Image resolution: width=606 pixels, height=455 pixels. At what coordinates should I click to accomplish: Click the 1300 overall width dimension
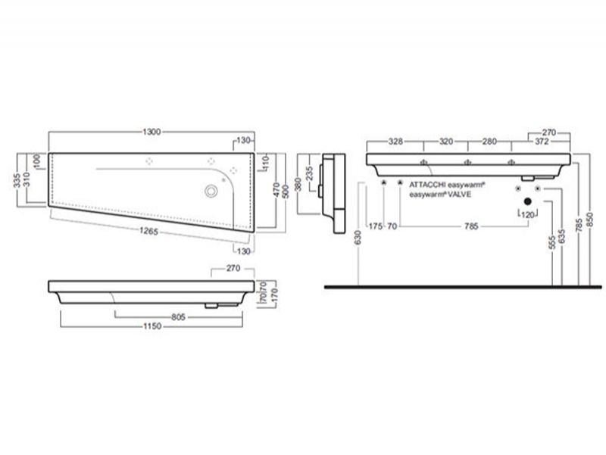tap(151, 132)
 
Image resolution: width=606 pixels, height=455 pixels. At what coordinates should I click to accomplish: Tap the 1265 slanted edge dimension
tap(148, 231)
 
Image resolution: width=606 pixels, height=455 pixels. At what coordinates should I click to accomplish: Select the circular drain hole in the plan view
tap(211, 191)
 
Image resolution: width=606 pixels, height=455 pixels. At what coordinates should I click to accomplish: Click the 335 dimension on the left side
tap(17, 180)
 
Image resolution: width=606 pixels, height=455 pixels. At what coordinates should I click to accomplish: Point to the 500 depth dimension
tap(286, 192)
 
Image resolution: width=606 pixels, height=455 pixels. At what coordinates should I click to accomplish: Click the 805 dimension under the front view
tap(179, 317)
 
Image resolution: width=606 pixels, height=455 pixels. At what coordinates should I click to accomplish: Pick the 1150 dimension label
tap(152, 326)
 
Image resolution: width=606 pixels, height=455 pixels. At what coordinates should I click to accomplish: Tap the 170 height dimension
tap(275, 295)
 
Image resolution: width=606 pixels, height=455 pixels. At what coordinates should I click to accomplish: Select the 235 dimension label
tap(309, 173)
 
